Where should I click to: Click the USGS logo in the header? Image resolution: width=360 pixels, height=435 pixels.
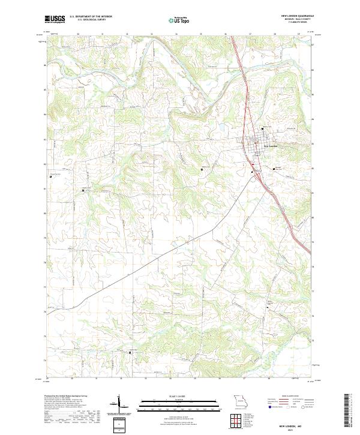(55, 19)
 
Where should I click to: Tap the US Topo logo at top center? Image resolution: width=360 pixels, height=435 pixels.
(179, 20)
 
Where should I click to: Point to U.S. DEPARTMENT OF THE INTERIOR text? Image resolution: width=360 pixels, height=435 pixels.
(91, 17)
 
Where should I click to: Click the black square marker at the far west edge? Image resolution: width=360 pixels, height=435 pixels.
(50, 176)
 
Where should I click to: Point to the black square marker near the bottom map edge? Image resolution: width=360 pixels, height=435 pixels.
(130, 352)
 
